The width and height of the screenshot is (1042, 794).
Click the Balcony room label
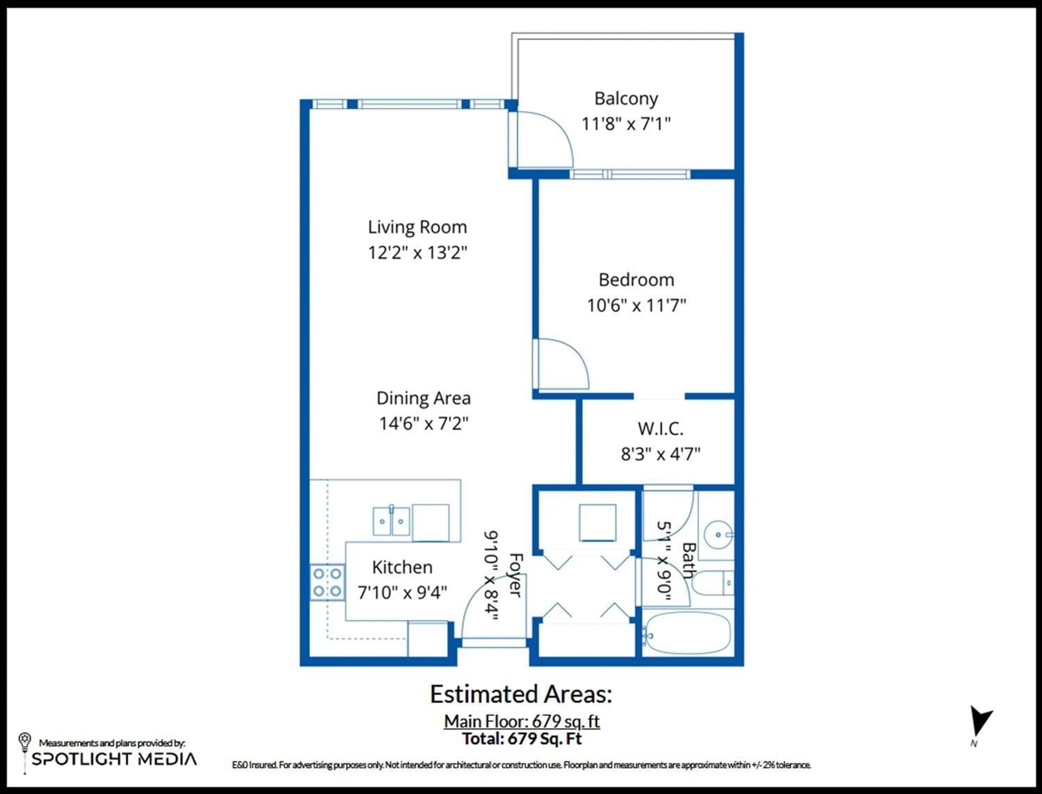626,99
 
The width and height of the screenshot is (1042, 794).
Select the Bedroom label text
636,280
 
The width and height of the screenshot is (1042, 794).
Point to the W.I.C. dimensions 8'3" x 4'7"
660,454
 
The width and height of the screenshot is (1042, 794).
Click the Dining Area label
423,398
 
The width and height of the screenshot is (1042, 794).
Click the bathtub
688,633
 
